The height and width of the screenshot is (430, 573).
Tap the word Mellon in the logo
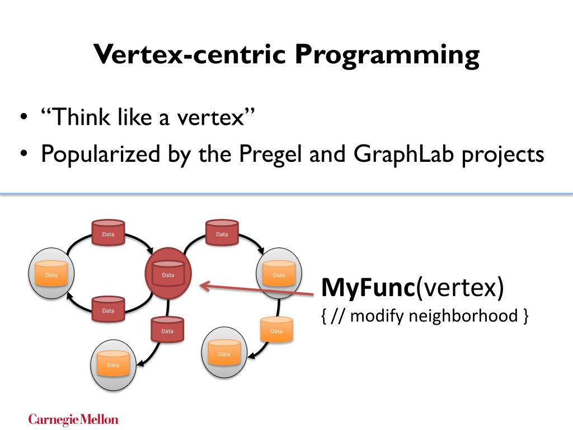point(99,419)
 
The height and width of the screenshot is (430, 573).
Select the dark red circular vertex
point(168,274)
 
